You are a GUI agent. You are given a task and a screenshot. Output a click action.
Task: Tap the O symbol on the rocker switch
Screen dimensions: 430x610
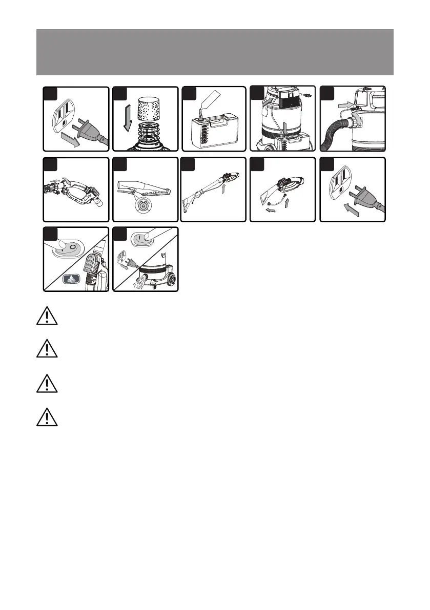(73, 247)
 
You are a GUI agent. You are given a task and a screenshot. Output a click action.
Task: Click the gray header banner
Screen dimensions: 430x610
(215, 52)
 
